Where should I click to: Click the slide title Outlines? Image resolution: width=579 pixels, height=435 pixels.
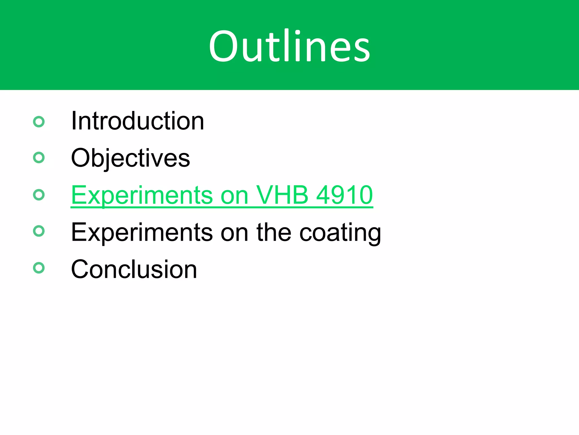[x=289, y=46]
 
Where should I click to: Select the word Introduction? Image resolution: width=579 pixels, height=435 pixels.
[x=137, y=121]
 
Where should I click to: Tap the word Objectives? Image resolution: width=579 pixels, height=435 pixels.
[x=130, y=158]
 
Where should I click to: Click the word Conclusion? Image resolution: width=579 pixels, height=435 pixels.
[x=134, y=269]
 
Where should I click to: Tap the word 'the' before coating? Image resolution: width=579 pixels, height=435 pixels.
[x=274, y=232]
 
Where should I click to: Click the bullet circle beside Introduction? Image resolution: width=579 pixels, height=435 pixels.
[x=39, y=122]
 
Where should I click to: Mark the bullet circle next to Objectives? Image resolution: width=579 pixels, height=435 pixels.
[x=39, y=157]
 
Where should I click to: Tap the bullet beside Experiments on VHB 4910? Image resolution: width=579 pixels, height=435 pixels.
[x=39, y=195]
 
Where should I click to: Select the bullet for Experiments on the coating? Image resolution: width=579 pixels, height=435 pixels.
[x=39, y=231]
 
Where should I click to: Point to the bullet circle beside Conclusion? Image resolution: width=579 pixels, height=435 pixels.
[x=39, y=268]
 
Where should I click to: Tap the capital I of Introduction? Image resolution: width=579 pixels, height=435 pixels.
[x=74, y=121]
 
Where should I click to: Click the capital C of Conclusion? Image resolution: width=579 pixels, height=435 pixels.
[x=81, y=269]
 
